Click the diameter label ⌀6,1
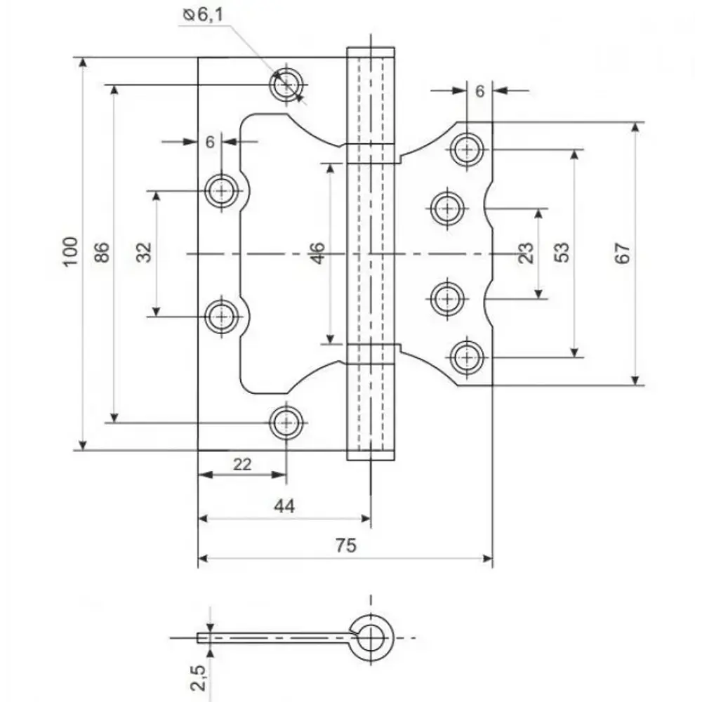pyautogui.click(x=204, y=15)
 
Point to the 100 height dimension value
pyautogui.click(x=71, y=252)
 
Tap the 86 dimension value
pyautogui.click(x=102, y=252)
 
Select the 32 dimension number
pyautogui.click(x=144, y=252)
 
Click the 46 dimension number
pyautogui.click(x=317, y=253)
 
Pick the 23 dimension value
pyautogui.click(x=526, y=253)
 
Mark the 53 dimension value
pyautogui.click(x=562, y=252)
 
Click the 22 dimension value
pyautogui.click(x=242, y=464)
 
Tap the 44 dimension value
pyautogui.click(x=284, y=506)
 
